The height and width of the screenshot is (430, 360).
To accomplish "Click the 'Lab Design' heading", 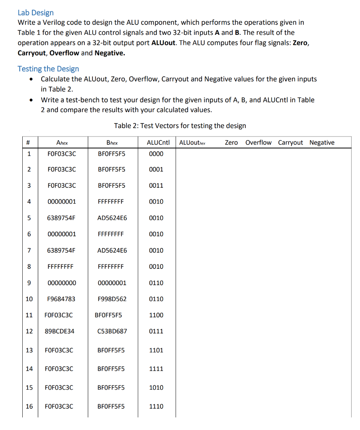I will coord(36,13).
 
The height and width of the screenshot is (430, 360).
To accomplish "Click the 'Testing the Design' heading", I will coord(48,68).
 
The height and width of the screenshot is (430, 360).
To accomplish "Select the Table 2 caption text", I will coord(180,126).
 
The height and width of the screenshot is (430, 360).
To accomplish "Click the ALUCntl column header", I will coord(158,142).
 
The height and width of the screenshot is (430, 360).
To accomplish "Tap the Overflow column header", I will coord(258,142).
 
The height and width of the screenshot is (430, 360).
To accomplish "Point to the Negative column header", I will coord(322,142).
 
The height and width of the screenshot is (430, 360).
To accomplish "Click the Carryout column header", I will coord(290,142).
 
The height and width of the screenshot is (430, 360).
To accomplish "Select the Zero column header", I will coord(231,142).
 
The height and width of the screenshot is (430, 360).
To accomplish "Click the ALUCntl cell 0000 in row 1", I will coord(156,154).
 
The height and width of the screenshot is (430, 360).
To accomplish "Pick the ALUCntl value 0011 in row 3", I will coord(156,186).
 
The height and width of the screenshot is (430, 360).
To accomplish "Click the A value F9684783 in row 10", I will coord(61,299).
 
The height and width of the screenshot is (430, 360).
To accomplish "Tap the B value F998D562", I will coord(112,299).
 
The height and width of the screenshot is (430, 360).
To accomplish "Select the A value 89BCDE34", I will coord(59,331).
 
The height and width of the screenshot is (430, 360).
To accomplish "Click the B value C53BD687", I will coord(112,331).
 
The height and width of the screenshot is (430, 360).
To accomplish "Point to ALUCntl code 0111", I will coord(156,331).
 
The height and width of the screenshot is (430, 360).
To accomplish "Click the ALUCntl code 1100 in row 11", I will coord(156,315).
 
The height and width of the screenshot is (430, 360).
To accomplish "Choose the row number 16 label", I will coord(29,406).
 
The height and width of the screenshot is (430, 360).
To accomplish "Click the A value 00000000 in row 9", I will coord(62,283).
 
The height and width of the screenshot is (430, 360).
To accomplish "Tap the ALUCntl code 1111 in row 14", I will coord(156,369).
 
